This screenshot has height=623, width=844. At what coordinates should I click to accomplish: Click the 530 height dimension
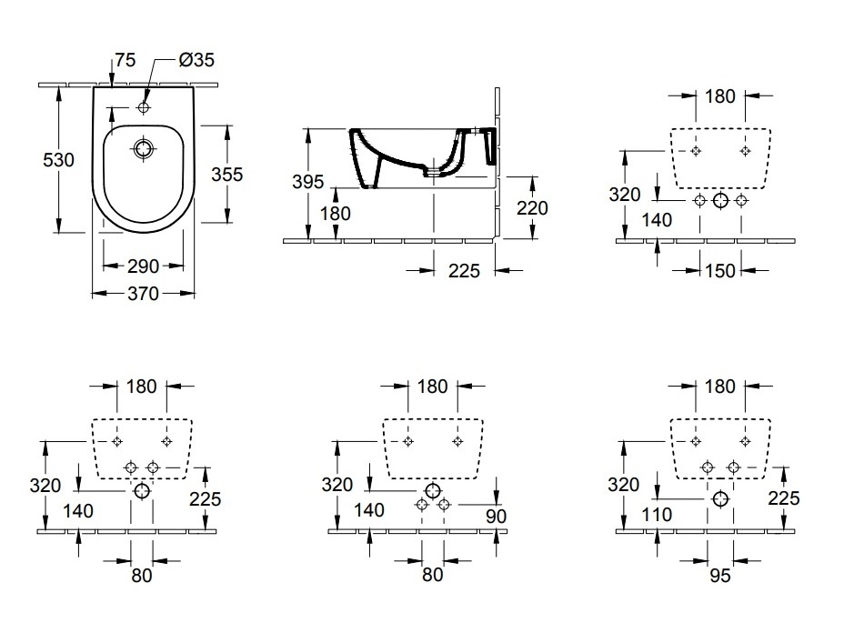59,160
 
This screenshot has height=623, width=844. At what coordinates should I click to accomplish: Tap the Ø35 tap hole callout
196,60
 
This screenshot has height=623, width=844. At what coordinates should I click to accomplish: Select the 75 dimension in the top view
125,60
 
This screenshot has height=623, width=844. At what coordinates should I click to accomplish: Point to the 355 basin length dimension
226,175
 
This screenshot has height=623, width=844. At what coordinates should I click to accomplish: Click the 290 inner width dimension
143,266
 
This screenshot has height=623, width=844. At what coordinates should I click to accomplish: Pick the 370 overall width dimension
143,294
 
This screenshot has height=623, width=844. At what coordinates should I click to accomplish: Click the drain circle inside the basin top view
143,148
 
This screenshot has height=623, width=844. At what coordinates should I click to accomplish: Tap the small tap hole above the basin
143,107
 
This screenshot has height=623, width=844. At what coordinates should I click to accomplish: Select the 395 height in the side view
308,182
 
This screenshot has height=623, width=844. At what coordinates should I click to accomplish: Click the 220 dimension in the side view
532,208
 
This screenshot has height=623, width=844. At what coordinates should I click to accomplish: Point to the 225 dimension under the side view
464,271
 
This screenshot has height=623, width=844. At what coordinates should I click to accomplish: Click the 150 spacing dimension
720,271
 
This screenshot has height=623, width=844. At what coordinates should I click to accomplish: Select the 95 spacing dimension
720,576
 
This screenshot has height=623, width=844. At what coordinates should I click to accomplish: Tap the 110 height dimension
657,515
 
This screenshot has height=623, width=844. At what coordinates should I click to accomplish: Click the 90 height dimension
496,517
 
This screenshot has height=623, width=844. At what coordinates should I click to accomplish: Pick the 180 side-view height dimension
336,214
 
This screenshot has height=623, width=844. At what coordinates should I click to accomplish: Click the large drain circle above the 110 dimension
720,499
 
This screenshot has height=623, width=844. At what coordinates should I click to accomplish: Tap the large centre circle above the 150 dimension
720,201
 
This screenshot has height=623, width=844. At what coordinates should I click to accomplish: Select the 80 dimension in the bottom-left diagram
142,576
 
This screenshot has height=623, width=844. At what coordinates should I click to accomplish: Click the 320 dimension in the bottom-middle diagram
337,485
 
